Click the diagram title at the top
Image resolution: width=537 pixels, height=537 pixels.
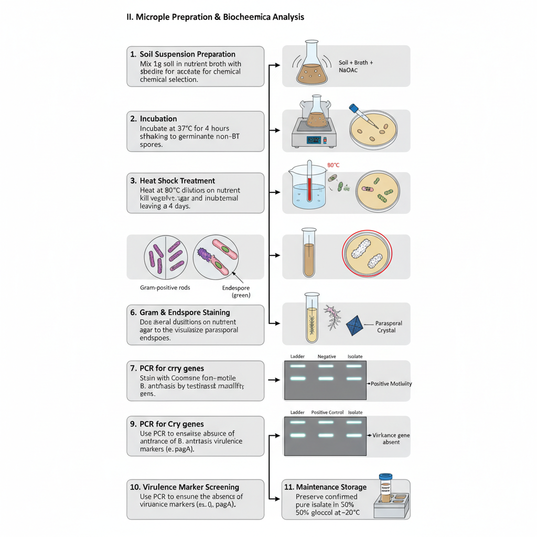216,17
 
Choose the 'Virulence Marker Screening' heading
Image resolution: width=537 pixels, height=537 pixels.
184,487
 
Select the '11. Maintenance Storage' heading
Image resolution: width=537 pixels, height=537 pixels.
325,487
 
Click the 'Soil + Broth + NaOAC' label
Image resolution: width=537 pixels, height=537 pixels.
356,66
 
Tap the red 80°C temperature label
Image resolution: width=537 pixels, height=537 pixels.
334,165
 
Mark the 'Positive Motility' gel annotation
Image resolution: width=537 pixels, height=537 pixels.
391,384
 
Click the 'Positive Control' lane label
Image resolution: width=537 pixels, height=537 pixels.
327,412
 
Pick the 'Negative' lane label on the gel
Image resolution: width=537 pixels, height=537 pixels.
327,357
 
